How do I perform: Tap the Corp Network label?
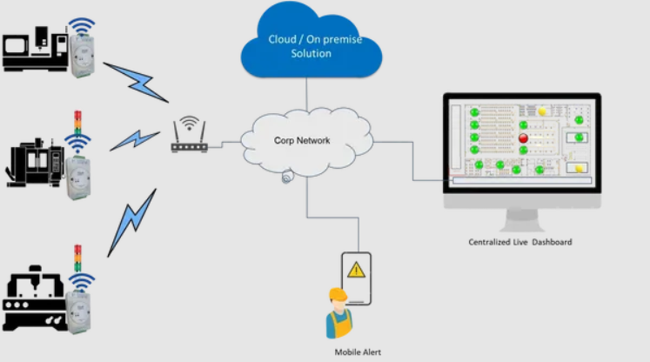tap(302, 140)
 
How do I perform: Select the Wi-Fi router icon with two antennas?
tap(189, 139)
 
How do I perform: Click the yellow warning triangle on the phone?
tap(356, 270)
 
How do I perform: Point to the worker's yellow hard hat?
tap(338, 296)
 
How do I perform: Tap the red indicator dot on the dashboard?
tap(524, 137)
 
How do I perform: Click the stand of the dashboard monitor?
tap(521, 215)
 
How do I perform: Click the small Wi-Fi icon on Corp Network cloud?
tap(287, 178)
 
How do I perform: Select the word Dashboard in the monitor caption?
tap(551, 242)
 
